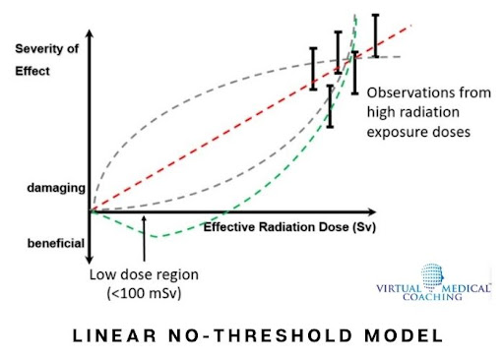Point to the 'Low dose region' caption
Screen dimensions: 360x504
coord(135,275)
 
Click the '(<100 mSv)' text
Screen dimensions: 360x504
coord(138,293)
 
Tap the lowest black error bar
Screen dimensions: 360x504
coord(330,105)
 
